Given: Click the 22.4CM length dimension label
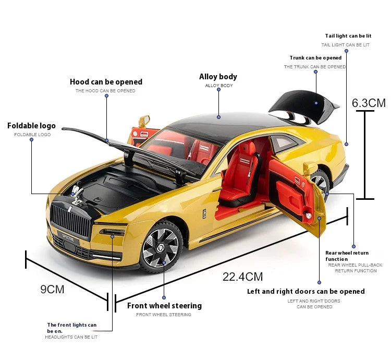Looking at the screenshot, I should [242, 277].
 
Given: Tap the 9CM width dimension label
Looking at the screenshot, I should [52, 289].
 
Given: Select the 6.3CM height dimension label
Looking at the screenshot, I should [369, 103].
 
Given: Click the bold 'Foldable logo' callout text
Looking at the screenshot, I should [31, 126].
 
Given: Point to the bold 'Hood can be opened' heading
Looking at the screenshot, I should [106, 82].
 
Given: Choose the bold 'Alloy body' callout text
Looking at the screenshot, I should [218, 77].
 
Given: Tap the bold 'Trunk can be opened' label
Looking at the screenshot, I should [315, 58].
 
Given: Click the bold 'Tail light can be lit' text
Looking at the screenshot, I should [348, 36].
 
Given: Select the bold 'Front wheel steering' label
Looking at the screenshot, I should [164, 306].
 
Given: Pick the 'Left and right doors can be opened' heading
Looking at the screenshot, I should [306, 291].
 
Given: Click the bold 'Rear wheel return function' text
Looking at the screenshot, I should [347, 256].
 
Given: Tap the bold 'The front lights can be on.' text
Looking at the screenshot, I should [71, 328].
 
